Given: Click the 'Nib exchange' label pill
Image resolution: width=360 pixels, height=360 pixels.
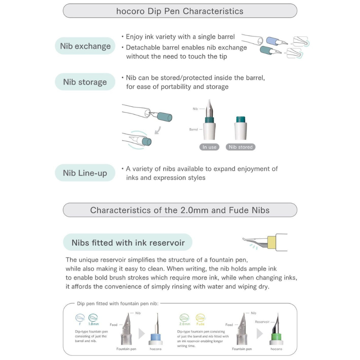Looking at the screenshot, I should pos(85,46).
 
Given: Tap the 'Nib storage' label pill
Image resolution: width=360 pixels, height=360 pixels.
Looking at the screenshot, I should pos(85,82).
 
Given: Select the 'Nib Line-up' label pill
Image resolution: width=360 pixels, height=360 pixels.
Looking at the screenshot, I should pos(85,173).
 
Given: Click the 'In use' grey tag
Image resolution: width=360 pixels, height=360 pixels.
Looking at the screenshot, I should pos(210,147).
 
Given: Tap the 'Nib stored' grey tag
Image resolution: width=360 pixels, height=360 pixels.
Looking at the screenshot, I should pos(241,147).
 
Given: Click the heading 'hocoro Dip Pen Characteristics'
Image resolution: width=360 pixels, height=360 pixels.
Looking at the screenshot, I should pos(180,11).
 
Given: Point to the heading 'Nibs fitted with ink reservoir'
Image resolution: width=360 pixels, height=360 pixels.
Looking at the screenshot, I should pos(128,243).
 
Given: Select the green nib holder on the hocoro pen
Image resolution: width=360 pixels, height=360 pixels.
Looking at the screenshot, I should pos(276,337).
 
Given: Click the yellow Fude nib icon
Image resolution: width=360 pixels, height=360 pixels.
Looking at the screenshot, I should pos(201,318).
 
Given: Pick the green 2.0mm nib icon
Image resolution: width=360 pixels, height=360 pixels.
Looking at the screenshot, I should pos(184,318).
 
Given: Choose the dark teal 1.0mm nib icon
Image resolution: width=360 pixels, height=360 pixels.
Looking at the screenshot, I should pos(93,318).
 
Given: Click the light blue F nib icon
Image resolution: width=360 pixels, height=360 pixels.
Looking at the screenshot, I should pos(80,318).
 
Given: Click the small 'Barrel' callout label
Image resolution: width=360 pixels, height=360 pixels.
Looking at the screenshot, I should pos(194,129).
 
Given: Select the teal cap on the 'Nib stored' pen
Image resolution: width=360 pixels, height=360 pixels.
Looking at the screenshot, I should pos(240,119).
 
